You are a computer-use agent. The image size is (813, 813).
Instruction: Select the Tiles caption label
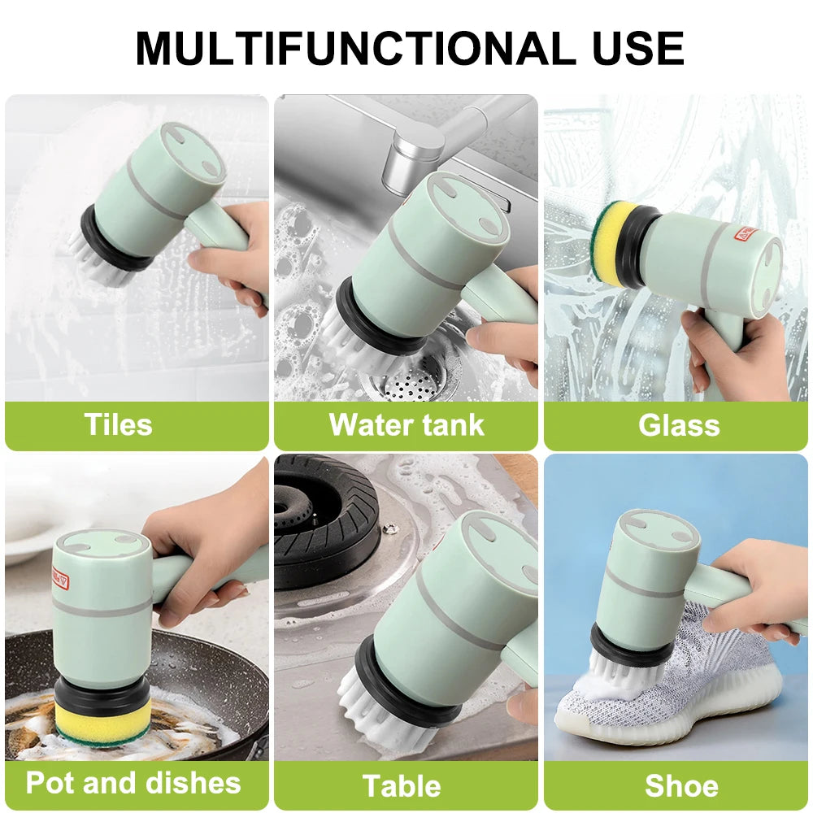click(x=119, y=425)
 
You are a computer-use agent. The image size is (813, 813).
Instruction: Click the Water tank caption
click(x=406, y=425)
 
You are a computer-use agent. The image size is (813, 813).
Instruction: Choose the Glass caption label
click(x=679, y=425)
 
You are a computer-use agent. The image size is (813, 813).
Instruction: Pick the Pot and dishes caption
click(x=133, y=783)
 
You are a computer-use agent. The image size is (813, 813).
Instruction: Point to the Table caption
click(x=402, y=786)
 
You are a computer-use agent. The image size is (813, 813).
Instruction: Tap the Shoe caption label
click(x=681, y=786)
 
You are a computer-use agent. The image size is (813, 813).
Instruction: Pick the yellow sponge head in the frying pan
click(x=102, y=723)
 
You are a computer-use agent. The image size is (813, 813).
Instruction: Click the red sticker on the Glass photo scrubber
click(x=746, y=236)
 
